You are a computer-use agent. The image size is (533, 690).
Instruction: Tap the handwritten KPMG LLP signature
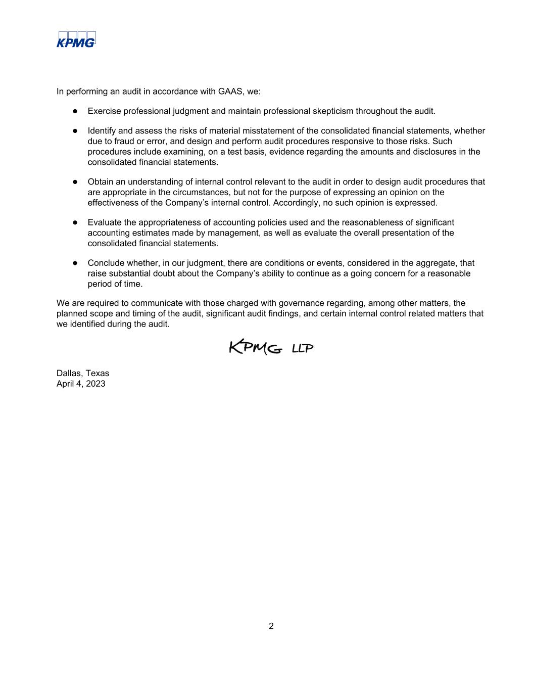pos(271,348)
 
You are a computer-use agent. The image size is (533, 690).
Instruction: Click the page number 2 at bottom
pos(271,626)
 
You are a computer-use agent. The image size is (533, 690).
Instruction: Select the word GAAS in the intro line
pos(230,91)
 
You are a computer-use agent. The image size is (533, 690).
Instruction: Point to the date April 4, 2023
pos(81,384)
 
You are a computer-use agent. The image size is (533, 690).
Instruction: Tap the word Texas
pos(97,374)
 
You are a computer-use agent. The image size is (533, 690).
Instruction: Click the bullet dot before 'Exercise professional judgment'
pos(75,111)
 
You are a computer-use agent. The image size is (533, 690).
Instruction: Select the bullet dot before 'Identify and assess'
pos(75,131)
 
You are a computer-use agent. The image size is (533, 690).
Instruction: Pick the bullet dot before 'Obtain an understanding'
pos(75,181)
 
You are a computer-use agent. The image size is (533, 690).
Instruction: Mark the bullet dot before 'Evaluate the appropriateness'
pos(75,222)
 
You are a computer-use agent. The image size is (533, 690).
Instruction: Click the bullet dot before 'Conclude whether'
pos(75,263)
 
